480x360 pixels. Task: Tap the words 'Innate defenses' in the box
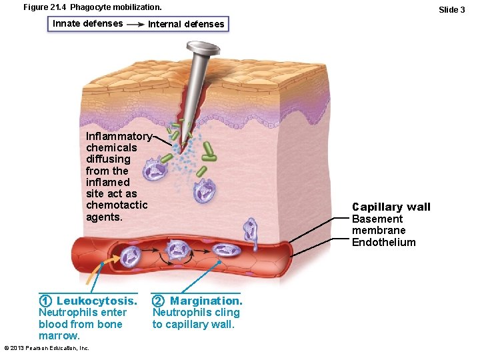(87, 23)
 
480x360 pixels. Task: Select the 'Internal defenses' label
(186, 24)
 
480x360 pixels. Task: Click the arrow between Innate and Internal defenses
(135, 24)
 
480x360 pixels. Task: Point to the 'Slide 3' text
(451, 9)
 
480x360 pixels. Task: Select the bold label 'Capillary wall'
(391, 207)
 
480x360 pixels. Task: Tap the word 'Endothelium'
(383, 243)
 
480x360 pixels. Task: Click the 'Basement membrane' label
(378, 225)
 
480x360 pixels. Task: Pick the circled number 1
(45, 301)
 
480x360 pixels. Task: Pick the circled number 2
(159, 301)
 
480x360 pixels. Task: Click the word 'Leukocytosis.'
(96, 301)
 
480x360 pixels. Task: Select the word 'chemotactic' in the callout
(117, 205)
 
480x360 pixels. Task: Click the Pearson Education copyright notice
(47, 348)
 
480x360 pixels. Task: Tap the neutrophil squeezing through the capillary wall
(250, 230)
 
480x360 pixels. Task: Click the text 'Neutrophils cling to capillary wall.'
(196, 319)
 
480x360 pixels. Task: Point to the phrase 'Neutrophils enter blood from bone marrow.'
(81, 324)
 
